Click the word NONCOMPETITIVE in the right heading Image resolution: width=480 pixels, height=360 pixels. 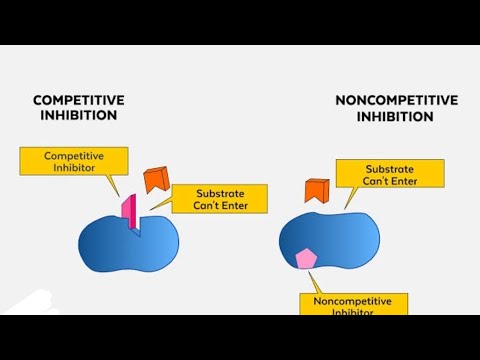pyautogui.click(x=396, y=100)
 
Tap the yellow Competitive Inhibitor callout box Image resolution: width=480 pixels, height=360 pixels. pyautogui.click(x=74, y=161)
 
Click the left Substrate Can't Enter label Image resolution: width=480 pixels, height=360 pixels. pyautogui.click(x=219, y=198)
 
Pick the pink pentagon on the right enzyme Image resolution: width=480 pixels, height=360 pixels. pyautogui.click(x=306, y=259)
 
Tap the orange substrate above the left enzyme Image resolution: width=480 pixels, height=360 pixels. pyautogui.click(x=156, y=180)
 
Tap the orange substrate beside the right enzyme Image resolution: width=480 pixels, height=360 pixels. pyautogui.click(x=317, y=189)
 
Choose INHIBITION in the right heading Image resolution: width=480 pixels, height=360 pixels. pyautogui.click(x=396, y=116)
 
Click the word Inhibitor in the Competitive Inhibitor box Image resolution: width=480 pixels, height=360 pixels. pyautogui.click(x=74, y=168)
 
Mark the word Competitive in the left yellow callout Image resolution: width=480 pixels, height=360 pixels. pyautogui.click(x=74, y=155)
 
